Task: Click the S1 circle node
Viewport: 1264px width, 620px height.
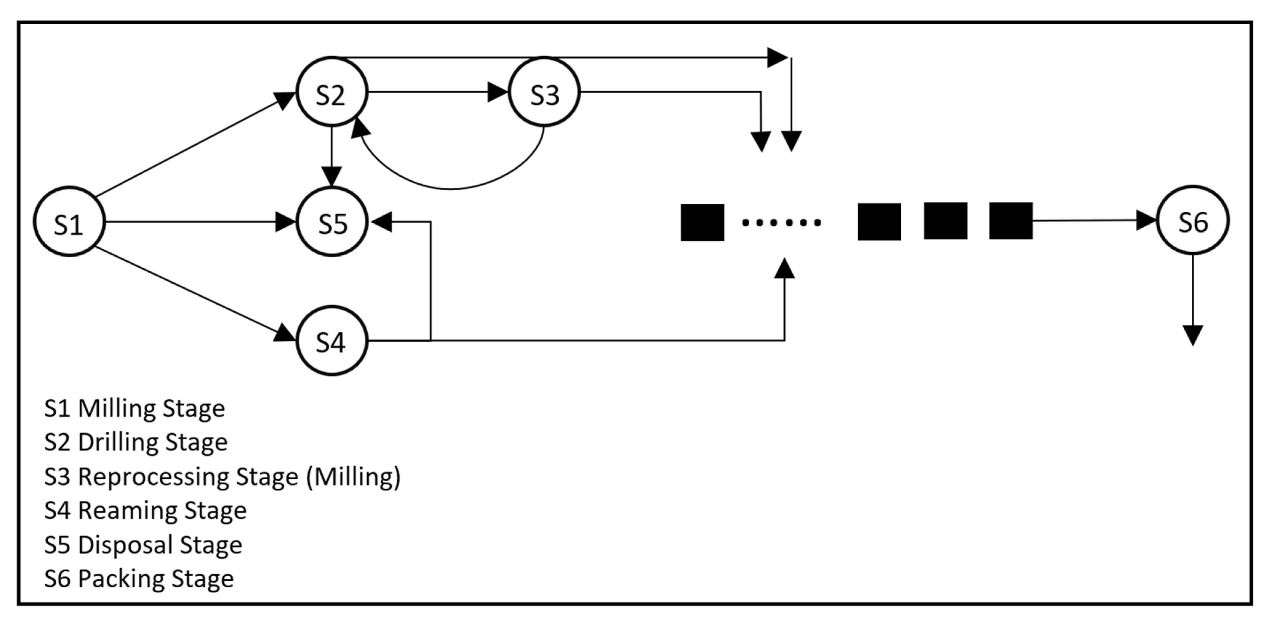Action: pos(69,222)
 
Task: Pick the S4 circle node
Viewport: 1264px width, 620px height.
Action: pos(332,340)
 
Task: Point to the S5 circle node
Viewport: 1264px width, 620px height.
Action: pos(332,222)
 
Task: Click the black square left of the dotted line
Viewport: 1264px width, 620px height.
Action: pos(702,222)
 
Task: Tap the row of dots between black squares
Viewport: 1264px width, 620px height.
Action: pos(781,223)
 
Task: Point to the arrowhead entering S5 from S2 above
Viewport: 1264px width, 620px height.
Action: pos(332,177)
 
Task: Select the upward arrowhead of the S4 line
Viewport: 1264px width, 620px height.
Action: pos(784,269)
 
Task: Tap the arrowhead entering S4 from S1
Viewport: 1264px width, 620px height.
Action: pos(285,333)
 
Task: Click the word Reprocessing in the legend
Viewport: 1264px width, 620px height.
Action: pos(188,476)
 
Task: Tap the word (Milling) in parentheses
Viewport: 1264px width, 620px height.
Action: pos(353,476)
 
